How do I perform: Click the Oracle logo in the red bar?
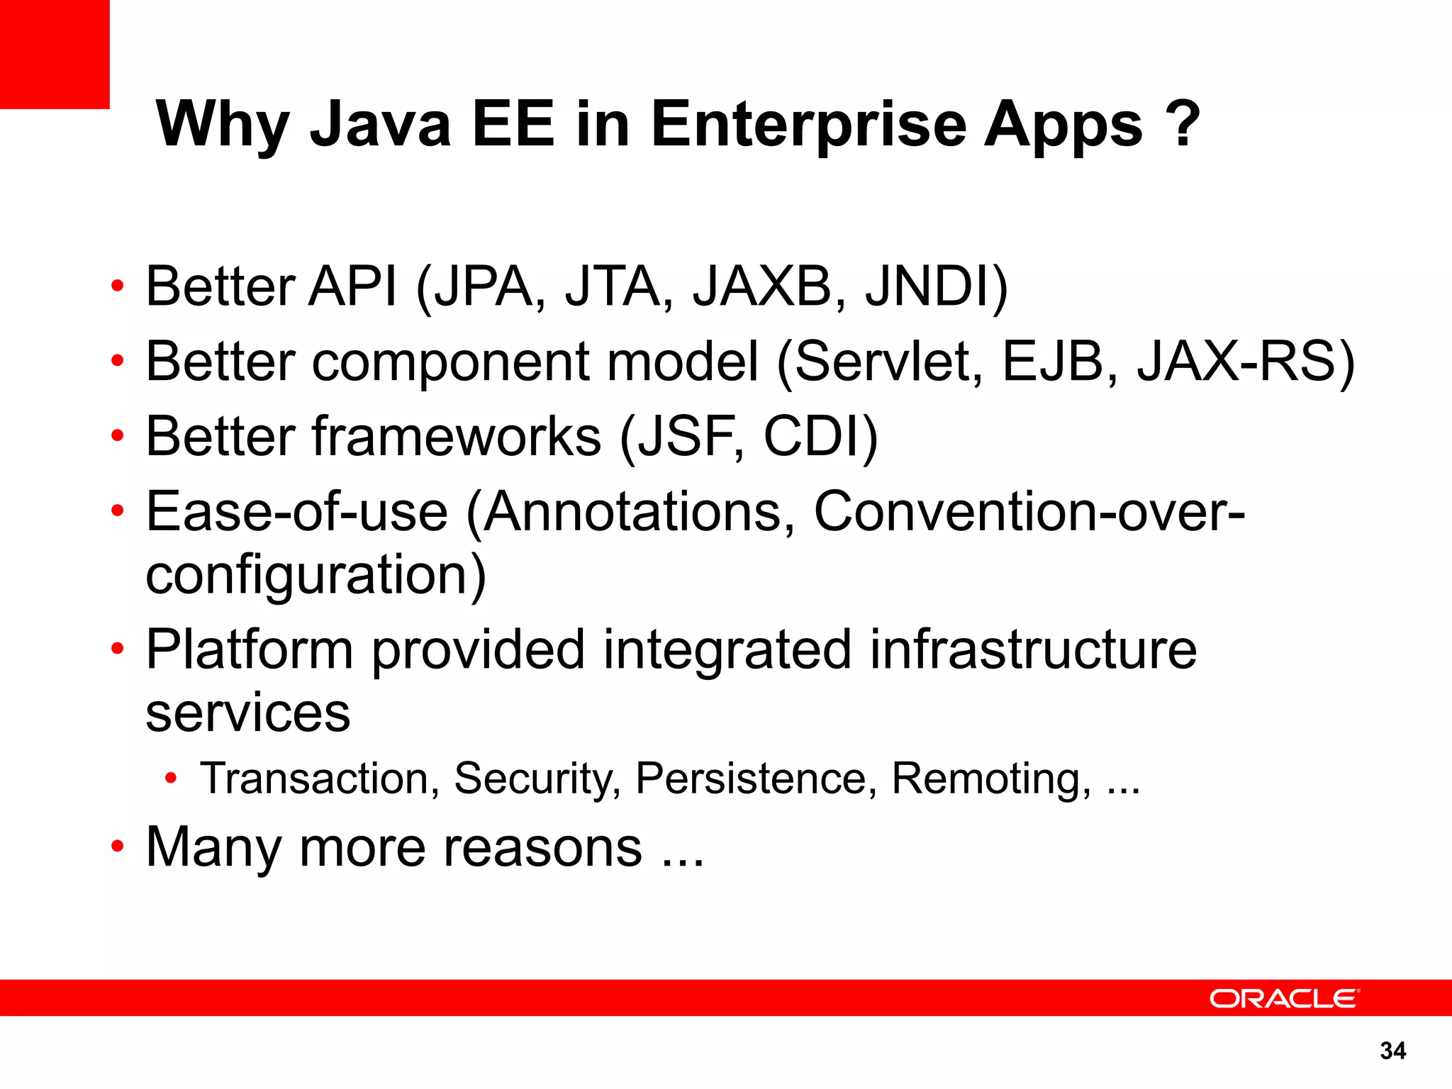pos(1284,998)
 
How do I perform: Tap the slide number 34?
pos(1392,1051)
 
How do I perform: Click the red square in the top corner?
pos(55,54)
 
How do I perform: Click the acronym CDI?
pos(820,437)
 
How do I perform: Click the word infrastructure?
pos(1033,649)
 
